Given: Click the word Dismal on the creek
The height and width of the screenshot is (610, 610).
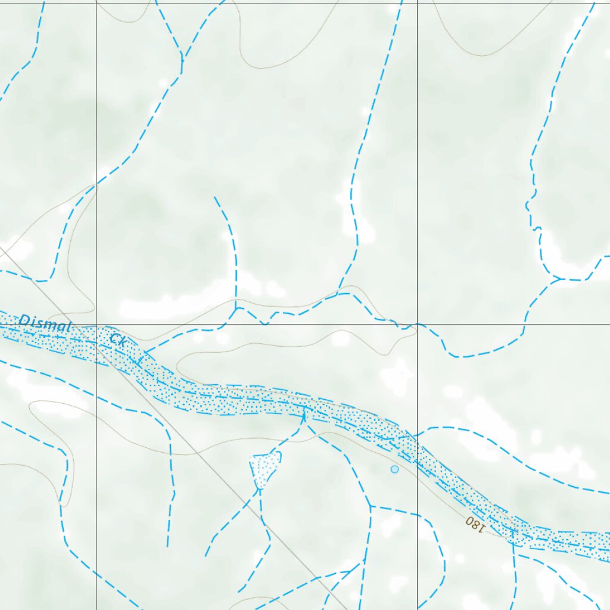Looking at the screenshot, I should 45,324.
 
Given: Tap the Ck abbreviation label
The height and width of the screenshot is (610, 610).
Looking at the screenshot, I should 117,341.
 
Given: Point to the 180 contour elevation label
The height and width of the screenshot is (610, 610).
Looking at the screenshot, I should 475,524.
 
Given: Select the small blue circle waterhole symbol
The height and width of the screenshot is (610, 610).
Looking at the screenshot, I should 394,469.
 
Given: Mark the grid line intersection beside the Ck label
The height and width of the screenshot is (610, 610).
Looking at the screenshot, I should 97,325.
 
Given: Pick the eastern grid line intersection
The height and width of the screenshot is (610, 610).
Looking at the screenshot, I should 417,325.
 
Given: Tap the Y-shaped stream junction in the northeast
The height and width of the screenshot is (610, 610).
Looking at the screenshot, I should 557,278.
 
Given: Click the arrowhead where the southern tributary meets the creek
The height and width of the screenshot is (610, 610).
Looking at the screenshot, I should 304,415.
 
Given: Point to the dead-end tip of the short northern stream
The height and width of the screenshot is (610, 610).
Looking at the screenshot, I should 215,197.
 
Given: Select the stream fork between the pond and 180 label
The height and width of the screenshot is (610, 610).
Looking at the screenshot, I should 371,506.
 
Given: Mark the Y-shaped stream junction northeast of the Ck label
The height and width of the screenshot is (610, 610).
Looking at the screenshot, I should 236,308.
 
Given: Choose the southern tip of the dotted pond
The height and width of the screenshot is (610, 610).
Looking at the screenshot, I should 259,488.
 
